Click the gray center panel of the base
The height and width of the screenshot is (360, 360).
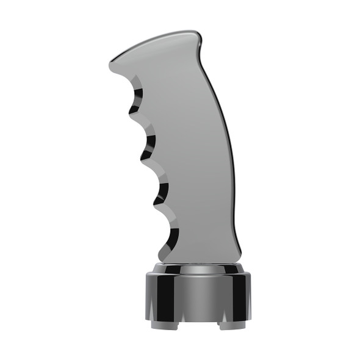[x=198, y=296]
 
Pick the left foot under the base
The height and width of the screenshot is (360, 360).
[x=158, y=324]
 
